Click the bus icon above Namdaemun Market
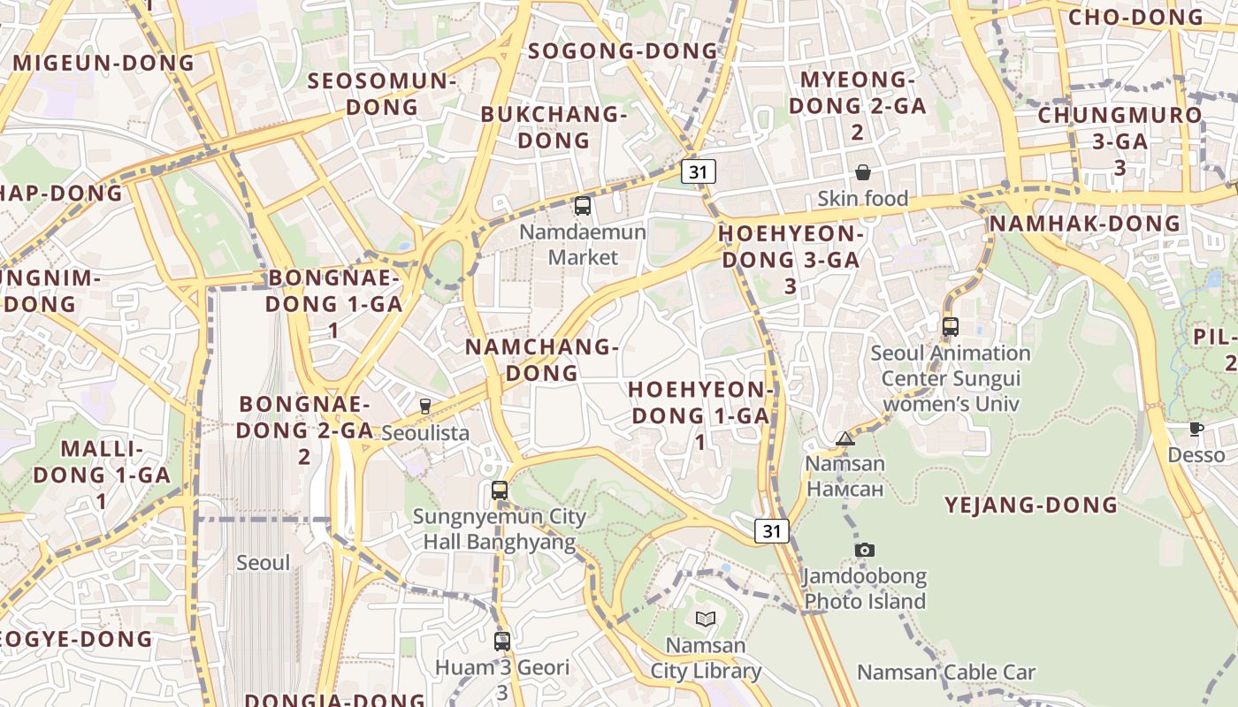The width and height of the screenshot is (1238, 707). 582,206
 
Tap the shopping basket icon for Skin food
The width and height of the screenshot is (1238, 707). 863,172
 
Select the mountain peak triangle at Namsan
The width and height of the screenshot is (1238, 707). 845,438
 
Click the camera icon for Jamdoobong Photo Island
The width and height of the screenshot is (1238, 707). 865,550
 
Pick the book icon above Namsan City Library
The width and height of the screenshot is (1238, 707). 705,619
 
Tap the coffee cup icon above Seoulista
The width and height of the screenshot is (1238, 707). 425,407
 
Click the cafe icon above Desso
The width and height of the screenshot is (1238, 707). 1196,430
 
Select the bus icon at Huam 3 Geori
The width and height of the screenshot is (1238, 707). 502,641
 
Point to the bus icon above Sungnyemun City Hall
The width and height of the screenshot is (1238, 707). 500,490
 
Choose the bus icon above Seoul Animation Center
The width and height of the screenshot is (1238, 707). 951,327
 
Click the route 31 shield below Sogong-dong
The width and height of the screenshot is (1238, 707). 699,171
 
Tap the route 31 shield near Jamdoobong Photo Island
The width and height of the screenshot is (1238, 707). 772,530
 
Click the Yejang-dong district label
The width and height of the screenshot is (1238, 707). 1031,506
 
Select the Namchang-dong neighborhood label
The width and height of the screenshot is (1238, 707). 541,359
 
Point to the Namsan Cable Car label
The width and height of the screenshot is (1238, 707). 945,673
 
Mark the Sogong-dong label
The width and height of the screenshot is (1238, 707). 623,51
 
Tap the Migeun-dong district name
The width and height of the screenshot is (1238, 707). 103,63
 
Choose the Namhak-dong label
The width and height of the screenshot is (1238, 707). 1084,224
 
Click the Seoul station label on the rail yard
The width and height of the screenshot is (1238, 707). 263,563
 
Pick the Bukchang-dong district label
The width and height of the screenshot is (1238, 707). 554,126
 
